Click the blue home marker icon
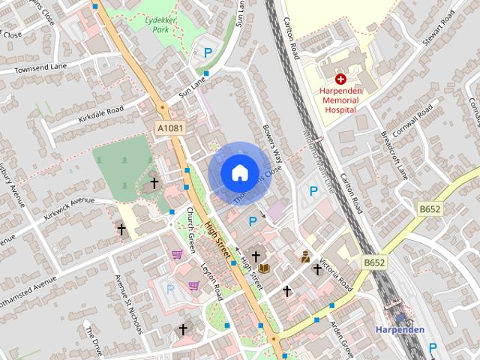(x=239, y=172)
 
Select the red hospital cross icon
(x=340, y=78)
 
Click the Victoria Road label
(x=335, y=275)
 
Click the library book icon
(x=264, y=268)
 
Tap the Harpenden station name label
(x=400, y=330)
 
